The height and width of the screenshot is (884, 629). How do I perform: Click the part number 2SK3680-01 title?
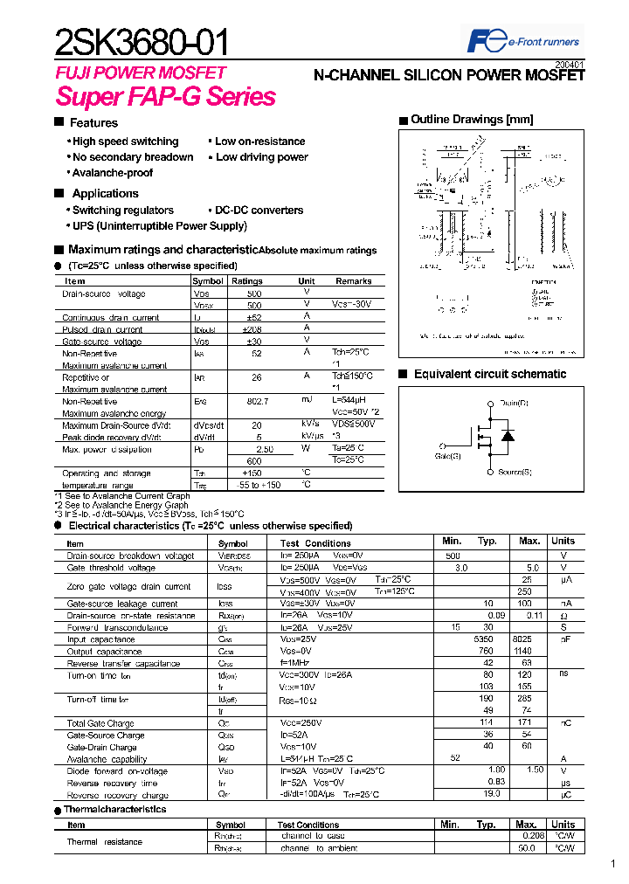click(143, 41)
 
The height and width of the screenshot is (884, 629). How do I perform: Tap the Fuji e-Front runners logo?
click(523, 40)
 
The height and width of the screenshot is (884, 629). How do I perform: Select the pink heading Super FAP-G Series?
click(166, 97)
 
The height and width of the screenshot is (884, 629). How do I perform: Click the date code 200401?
click(570, 65)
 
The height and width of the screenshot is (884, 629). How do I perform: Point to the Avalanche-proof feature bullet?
click(113, 173)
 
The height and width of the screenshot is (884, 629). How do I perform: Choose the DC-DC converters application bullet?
click(259, 211)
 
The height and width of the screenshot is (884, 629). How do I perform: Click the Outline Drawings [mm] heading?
click(472, 120)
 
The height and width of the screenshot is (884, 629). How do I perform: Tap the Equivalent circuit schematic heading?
click(490, 374)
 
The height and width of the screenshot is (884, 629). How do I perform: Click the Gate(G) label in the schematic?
click(448, 455)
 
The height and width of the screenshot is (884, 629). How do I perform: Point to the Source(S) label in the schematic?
click(515, 473)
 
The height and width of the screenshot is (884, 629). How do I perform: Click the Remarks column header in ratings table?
click(353, 281)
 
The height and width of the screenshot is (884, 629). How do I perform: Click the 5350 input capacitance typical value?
click(483, 639)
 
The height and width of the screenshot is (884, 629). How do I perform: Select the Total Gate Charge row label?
click(100, 723)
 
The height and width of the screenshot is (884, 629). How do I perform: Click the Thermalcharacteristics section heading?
click(114, 810)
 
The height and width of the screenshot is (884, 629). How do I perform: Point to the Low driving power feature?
click(261, 157)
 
